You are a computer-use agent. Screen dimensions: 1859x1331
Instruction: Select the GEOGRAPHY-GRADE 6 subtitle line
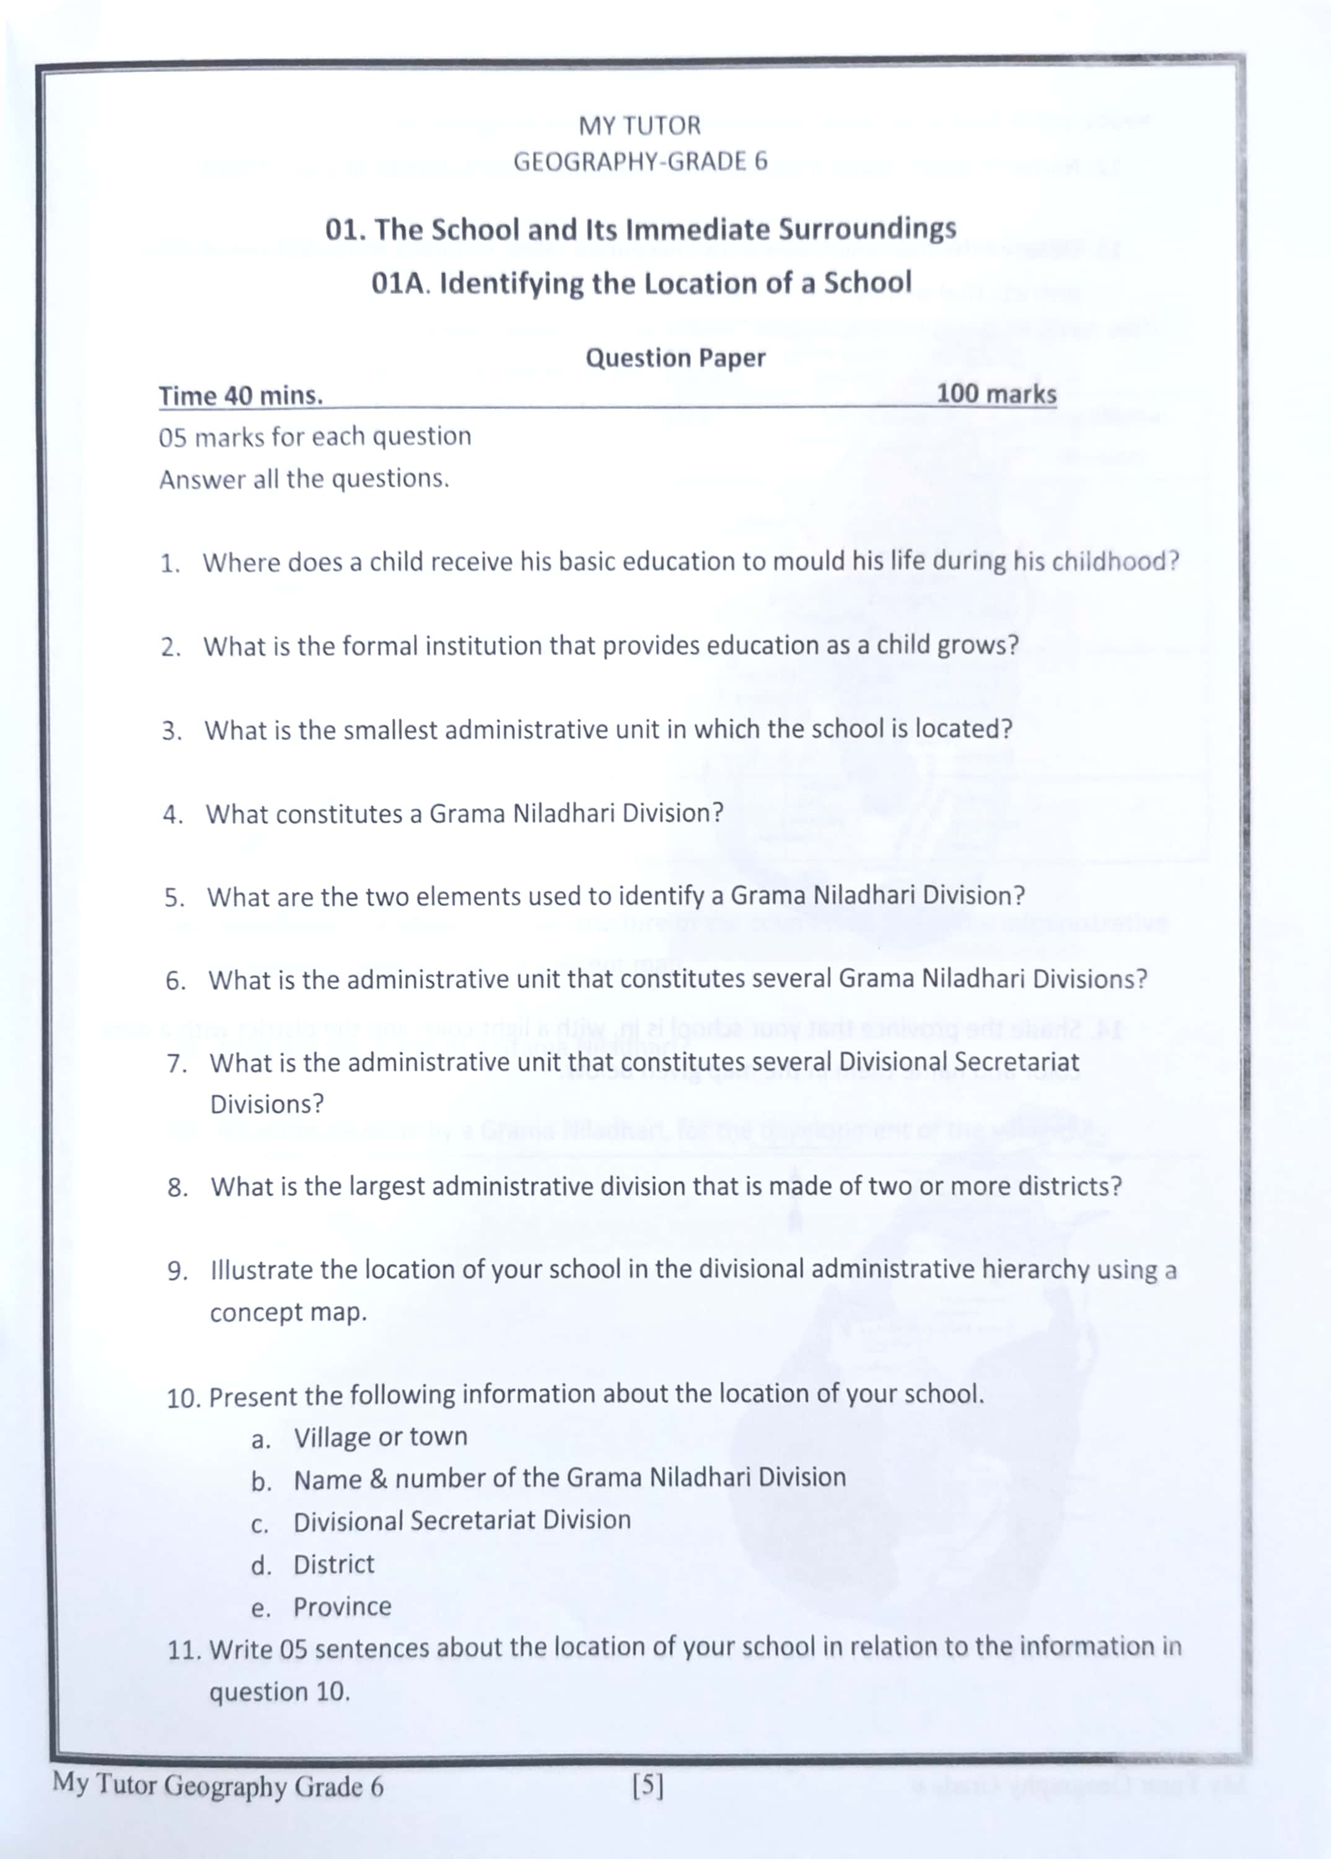click(640, 162)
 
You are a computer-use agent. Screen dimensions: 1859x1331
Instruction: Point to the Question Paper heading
click(675, 358)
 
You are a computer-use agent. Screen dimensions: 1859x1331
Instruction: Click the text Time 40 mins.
click(240, 396)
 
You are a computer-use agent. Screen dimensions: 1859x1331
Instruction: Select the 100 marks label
click(996, 393)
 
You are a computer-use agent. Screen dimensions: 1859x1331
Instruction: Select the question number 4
click(172, 815)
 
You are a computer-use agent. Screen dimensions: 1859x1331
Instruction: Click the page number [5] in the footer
click(648, 1785)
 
